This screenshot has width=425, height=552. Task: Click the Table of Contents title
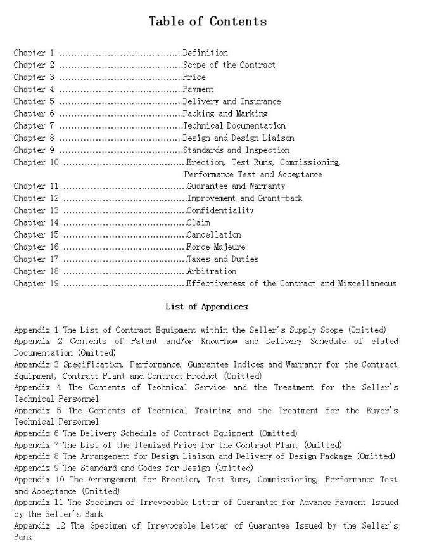[208, 22]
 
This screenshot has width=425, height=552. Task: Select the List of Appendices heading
[206, 307]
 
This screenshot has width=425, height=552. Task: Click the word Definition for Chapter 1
[205, 53]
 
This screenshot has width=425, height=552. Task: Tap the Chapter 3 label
[34, 77]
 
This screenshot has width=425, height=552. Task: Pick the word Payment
[198, 89]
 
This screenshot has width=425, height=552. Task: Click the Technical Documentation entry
[234, 125]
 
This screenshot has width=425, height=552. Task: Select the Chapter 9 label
[34, 150]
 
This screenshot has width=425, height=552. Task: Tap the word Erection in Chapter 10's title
[205, 162]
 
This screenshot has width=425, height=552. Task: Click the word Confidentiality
[220, 210]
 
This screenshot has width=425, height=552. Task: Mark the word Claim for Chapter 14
[198, 222]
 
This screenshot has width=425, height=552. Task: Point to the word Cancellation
[213, 234]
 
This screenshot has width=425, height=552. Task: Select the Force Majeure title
[216, 247]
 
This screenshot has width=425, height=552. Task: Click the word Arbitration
[211, 271]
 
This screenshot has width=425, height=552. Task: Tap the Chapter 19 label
[36, 283]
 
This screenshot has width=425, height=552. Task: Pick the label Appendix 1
[36, 330]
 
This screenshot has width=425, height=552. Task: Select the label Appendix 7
[36, 445]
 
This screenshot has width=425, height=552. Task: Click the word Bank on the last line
[23, 537]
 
